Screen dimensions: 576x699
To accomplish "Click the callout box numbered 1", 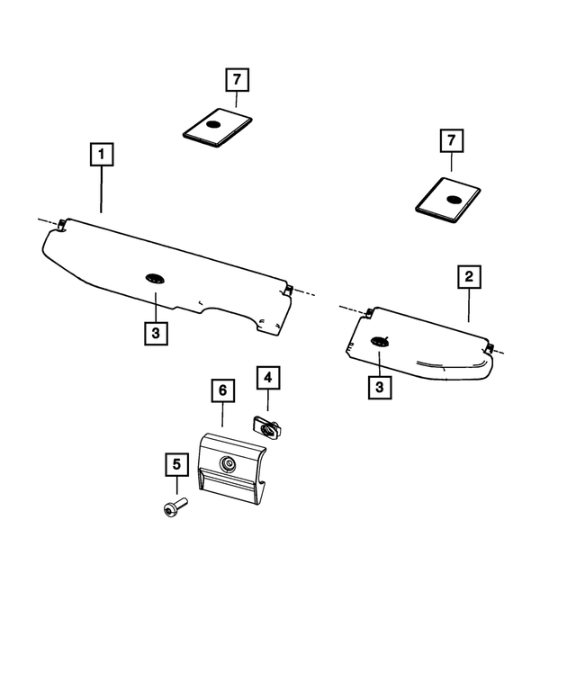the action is [x=102, y=154].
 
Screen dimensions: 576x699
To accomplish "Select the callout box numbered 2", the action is [x=469, y=277].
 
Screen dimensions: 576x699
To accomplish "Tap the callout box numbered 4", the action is [x=268, y=378].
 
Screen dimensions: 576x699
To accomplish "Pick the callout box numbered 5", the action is [x=177, y=464].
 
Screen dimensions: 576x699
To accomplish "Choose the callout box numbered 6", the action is [x=222, y=390].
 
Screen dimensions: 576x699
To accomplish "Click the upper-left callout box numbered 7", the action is [x=237, y=80].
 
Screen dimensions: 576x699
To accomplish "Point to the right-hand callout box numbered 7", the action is [x=452, y=141].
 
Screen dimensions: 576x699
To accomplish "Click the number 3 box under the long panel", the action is [x=156, y=333].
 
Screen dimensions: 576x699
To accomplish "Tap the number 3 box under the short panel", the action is [x=380, y=387].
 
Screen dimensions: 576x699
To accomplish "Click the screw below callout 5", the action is [x=175, y=507].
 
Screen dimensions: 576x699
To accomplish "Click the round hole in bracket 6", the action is [x=229, y=464].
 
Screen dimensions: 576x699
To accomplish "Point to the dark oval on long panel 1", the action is [x=155, y=279].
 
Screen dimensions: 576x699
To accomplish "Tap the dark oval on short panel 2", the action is [x=380, y=341].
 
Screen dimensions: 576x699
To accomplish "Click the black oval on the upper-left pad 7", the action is [x=213, y=124].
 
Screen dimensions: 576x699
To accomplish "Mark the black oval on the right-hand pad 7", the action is [x=454, y=200].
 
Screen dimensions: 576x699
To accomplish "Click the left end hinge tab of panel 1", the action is [x=62, y=224].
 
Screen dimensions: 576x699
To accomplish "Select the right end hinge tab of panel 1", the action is [x=288, y=290].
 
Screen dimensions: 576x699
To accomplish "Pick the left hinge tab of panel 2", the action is [x=370, y=312].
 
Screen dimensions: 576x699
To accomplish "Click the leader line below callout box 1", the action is [x=101, y=190].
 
